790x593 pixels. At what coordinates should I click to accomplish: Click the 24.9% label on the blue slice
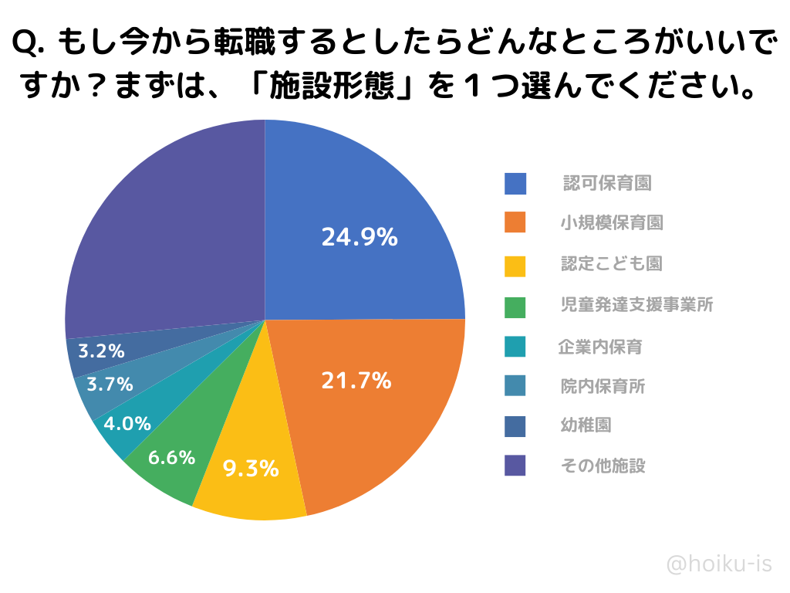360,238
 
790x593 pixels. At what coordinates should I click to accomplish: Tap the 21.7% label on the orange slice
356,381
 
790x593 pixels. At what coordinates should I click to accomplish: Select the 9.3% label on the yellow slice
251,468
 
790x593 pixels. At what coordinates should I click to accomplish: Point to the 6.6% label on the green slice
171,458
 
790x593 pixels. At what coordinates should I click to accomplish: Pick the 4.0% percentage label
127,424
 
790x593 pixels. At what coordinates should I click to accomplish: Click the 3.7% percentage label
110,384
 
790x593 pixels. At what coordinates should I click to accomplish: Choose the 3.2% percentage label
101,351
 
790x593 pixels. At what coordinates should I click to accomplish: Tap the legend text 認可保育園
607,184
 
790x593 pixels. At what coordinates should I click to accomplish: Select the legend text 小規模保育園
612,223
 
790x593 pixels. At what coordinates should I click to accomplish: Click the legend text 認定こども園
612,264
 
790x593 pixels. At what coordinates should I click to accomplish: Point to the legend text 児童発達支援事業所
636,305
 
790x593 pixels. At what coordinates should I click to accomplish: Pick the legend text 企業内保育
600,347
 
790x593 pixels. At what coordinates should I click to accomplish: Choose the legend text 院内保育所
603,386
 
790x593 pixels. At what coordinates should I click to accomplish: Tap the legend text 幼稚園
586,425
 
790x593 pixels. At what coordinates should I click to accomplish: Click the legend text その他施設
603,466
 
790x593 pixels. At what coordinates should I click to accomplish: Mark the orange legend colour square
515,222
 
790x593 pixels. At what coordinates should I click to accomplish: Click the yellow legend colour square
515,266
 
